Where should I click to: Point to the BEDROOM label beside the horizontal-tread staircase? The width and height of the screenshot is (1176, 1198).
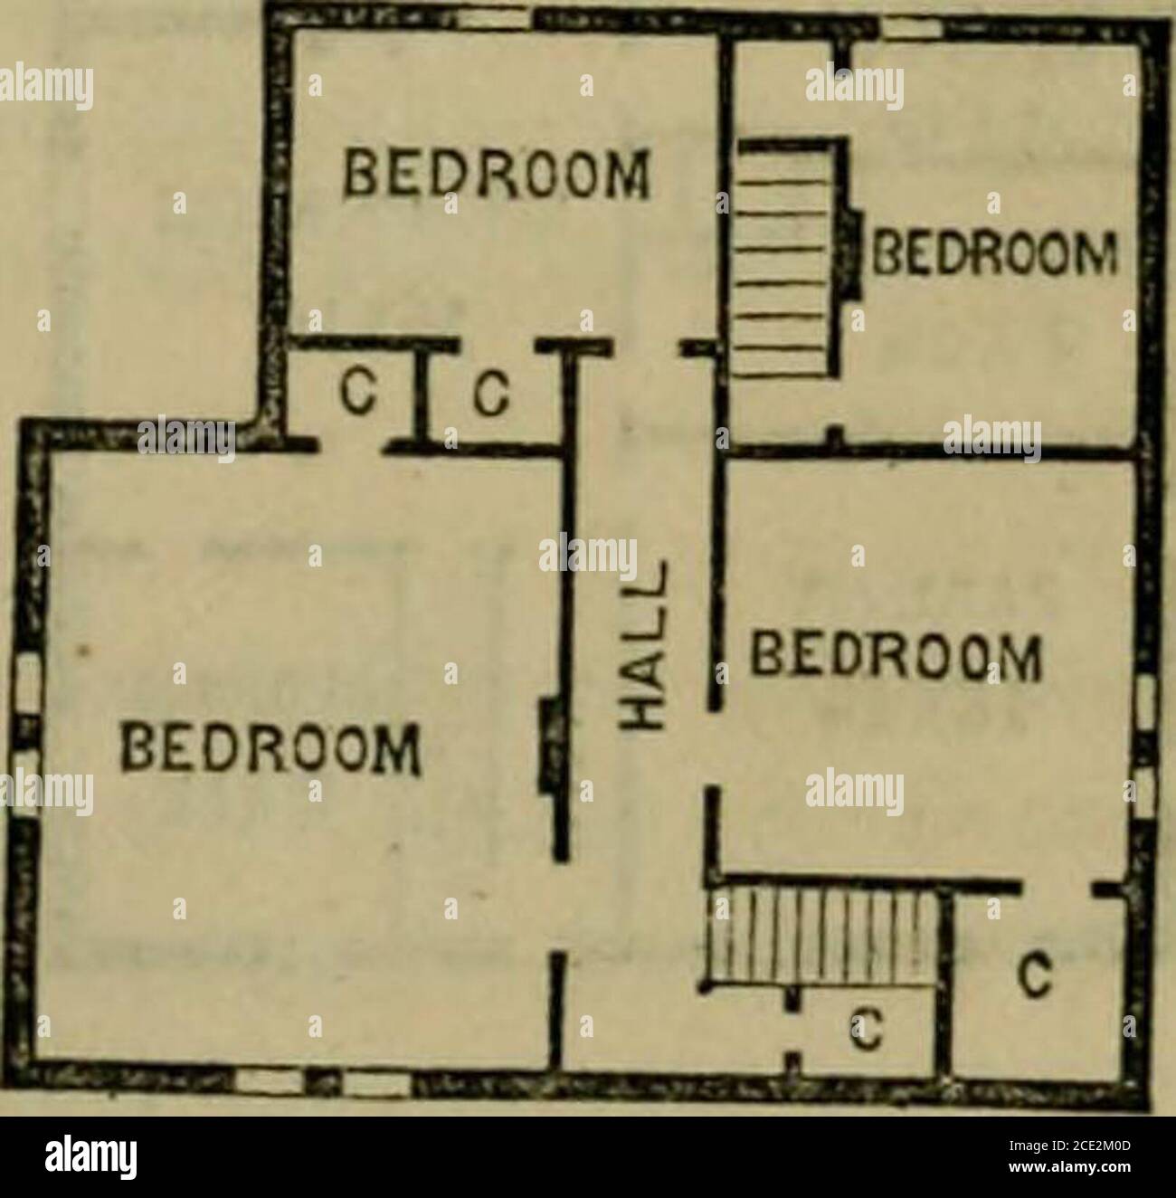(992, 246)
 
